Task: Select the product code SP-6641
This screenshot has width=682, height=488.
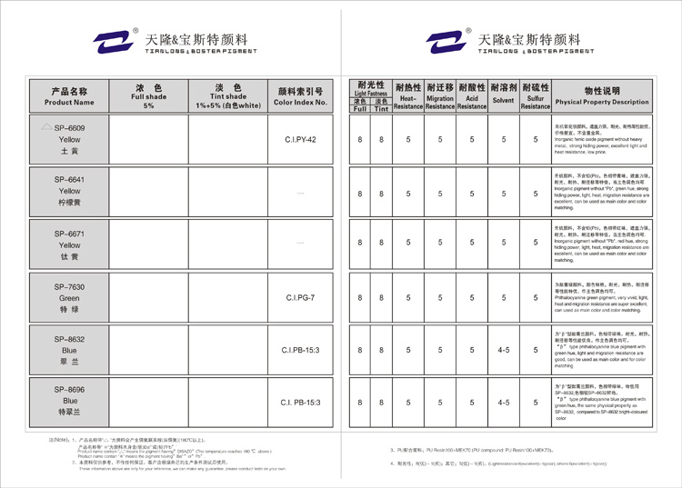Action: click(69, 180)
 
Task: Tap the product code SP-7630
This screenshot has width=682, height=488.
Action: click(69, 286)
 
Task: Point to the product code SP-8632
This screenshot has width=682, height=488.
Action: click(69, 339)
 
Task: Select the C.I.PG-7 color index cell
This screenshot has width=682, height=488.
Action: click(300, 297)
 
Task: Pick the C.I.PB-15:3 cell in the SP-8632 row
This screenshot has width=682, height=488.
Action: click(300, 350)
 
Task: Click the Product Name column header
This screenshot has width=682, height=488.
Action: click(69, 96)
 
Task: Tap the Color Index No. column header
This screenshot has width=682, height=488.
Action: click(300, 96)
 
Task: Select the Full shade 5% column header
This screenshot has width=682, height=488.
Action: click(149, 96)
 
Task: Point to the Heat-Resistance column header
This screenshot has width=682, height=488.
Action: click(408, 96)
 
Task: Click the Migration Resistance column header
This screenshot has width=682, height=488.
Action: click(440, 96)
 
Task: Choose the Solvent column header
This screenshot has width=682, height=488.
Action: click(503, 96)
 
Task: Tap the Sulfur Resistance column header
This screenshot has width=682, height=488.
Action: click(536, 96)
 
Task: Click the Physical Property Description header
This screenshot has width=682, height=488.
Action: click(602, 96)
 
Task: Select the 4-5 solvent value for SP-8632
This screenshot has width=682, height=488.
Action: click(503, 350)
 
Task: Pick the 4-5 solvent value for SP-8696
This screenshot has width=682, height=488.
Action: click(503, 402)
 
